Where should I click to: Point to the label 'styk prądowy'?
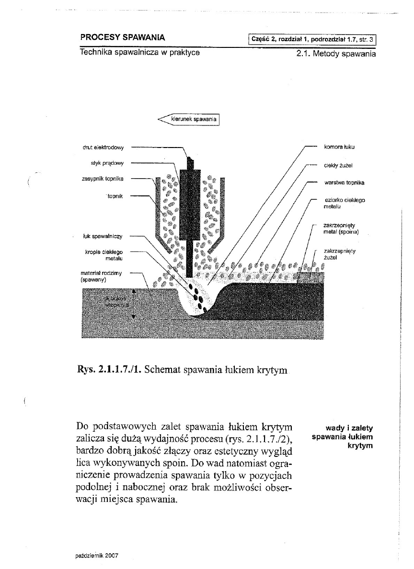tap(107, 163)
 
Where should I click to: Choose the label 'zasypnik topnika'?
tap(103, 179)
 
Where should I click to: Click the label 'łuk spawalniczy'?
tap(103, 236)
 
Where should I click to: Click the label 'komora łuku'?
tap(339, 147)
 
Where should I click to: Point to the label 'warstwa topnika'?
tap(344, 183)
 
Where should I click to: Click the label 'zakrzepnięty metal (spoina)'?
tap(341, 228)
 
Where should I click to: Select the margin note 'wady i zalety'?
tap(349, 428)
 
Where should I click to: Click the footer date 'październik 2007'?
tap(97, 556)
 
